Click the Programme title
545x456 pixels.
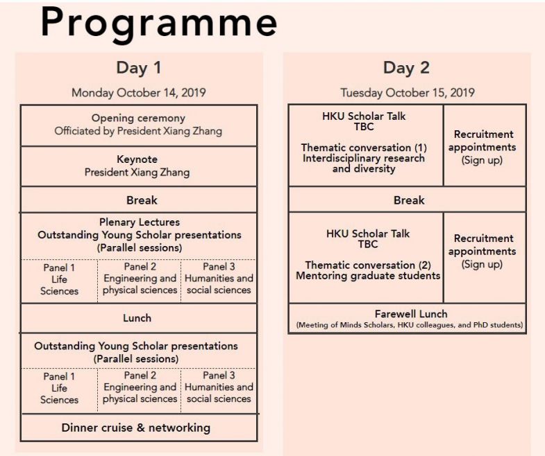(x=159, y=24)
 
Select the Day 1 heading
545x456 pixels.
(x=139, y=68)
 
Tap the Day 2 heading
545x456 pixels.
(x=406, y=68)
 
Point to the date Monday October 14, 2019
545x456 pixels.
(x=139, y=93)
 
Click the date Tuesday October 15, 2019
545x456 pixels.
(x=408, y=93)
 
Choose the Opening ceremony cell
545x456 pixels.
(x=139, y=125)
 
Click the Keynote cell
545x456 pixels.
(x=139, y=166)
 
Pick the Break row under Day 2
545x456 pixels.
(x=408, y=200)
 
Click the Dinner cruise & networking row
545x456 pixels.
(x=136, y=428)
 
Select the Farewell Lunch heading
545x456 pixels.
(x=411, y=314)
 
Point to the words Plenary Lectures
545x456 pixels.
(x=140, y=222)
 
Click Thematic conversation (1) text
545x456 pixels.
(x=364, y=148)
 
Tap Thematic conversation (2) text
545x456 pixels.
(x=368, y=265)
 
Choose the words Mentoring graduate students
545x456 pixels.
(x=368, y=276)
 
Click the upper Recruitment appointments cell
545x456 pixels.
(x=484, y=147)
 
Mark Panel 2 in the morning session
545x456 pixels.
(x=140, y=278)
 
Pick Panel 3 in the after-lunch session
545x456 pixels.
(x=219, y=387)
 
